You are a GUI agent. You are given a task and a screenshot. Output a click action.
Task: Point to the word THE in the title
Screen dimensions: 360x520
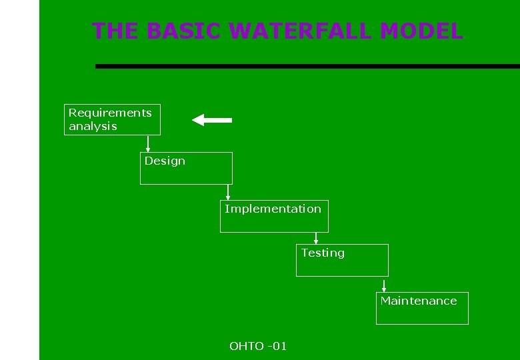pyautogui.click(x=115, y=31)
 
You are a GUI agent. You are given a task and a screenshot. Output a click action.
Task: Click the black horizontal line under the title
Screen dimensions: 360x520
pyautogui.click(x=307, y=66)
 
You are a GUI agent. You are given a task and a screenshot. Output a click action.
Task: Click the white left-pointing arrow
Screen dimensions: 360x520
pyautogui.click(x=211, y=120)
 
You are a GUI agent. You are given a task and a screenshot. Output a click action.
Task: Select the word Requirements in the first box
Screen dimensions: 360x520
pyautogui.click(x=110, y=113)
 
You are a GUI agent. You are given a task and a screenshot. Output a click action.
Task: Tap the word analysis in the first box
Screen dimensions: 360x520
pyautogui.click(x=93, y=126)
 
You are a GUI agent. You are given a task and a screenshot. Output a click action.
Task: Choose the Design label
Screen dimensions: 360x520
pyautogui.click(x=165, y=161)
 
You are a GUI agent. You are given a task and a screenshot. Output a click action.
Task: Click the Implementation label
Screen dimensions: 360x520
pyautogui.click(x=273, y=209)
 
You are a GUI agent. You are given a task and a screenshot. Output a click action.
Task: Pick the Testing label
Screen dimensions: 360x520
pyautogui.click(x=323, y=253)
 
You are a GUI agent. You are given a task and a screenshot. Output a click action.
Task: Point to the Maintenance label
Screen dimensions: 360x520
pyautogui.click(x=419, y=301)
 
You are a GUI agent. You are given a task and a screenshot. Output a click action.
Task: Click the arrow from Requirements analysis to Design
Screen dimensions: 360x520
pyautogui.click(x=148, y=143)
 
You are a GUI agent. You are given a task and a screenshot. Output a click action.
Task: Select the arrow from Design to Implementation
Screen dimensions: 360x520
pyautogui.click(x=228, y=192)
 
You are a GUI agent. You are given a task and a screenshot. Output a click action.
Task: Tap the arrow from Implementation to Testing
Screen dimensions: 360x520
pyautogui.click(x=316, y=238)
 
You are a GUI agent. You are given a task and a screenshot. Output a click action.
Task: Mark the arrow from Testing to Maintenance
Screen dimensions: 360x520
pyautogui.click(x=384, y=285)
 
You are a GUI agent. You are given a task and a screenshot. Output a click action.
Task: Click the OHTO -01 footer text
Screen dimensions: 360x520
pyautogui.click(x=258, y=346)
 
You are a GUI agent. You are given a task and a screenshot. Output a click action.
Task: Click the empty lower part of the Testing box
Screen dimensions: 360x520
pyautogui.click(x=342, y=267)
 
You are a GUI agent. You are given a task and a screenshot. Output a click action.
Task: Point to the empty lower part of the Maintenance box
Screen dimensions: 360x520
pyautogui.click(x=422, y=315)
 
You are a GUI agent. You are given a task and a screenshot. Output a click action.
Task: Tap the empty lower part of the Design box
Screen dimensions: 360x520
pyautogui.click(x=186, y=175)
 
